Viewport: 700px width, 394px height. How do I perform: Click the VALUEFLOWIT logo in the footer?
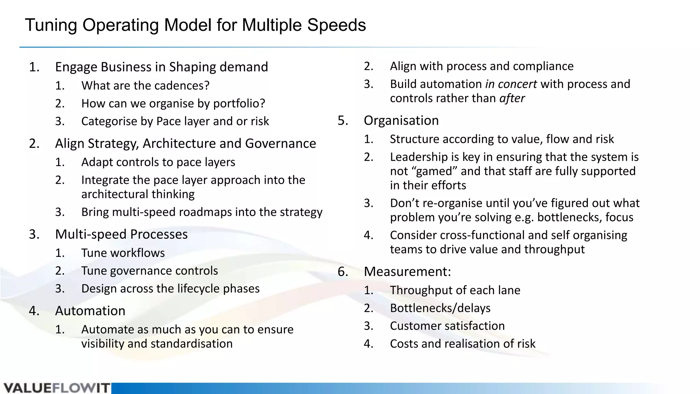tap(57, 388)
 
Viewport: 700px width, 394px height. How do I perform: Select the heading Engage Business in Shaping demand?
tap(161, 67)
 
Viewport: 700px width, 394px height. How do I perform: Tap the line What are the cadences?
tap(145, 86)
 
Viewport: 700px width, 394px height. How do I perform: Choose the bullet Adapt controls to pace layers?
tap(158, 162)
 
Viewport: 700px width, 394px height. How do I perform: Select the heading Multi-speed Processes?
tap(121, 234)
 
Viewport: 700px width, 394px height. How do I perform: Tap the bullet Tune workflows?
tap(123, 253)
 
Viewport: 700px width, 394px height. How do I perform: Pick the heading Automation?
tap(90, 311)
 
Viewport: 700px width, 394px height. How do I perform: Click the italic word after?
tap(512, 98)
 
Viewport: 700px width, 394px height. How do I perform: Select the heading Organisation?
tap(401, 121)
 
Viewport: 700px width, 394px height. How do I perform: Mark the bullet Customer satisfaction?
tap(447, 326)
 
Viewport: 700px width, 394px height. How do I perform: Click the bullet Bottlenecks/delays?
tap(440, 308)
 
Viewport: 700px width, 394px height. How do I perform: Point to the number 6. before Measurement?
tap(343, 272)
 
